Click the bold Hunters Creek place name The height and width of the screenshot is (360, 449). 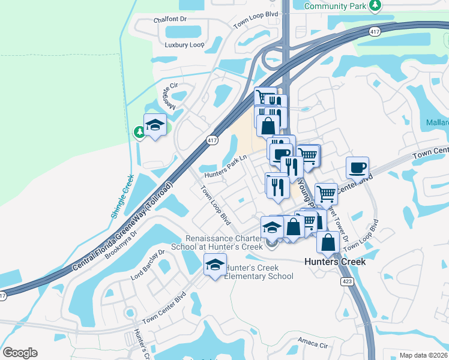point(334,262)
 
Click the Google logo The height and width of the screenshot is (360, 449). point(20,352)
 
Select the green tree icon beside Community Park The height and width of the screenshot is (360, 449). point(375,6)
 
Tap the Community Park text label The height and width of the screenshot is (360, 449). point(336,6)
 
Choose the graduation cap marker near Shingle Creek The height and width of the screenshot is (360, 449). point(155,125)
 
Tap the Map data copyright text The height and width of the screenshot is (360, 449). point(423,355)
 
